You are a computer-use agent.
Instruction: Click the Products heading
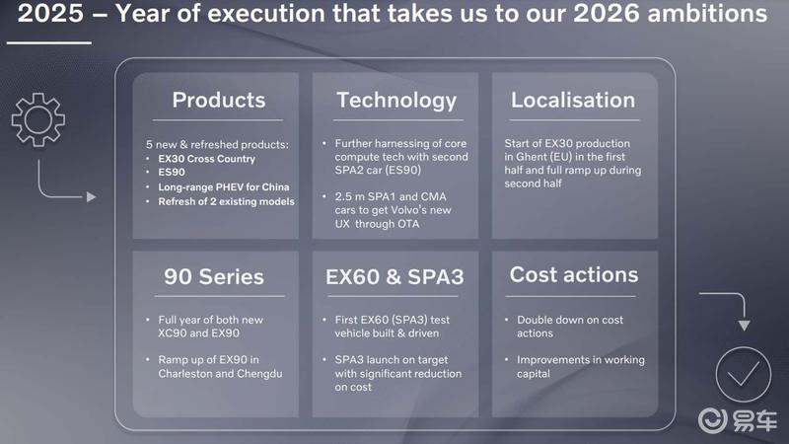click(x=219, y=100)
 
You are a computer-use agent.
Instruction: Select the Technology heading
click(x=396, y=101)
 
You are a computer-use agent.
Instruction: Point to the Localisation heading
click(x=573, y=100)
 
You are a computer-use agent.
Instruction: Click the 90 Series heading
click(x=214, y=276)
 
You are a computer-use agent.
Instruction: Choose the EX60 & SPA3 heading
click(x=394, y=276)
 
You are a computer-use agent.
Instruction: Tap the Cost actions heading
click(x=574, y=275)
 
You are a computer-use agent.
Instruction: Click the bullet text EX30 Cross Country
click(x=207, y=159)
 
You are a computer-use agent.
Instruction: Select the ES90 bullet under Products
click(x=172, y=172)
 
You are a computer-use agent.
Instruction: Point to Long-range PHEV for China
click(x=224, y=186)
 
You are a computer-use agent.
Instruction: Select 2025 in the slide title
click(x=50, y=13)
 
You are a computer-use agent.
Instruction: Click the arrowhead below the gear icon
click(x=91, y=196)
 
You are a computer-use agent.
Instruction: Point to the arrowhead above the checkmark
click(x=745, y=326)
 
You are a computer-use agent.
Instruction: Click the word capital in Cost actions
click(x=534, y=374)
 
